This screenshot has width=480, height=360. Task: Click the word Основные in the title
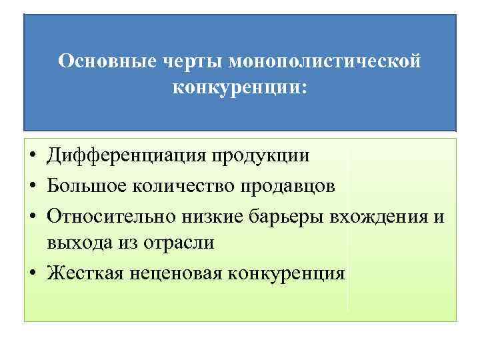[106, 61]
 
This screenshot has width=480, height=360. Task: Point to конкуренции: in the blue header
[240, 87]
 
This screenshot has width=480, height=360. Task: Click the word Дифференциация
[127, 155]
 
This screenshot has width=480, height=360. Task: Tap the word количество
[179, 184]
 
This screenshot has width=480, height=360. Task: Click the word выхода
[74, 243]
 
